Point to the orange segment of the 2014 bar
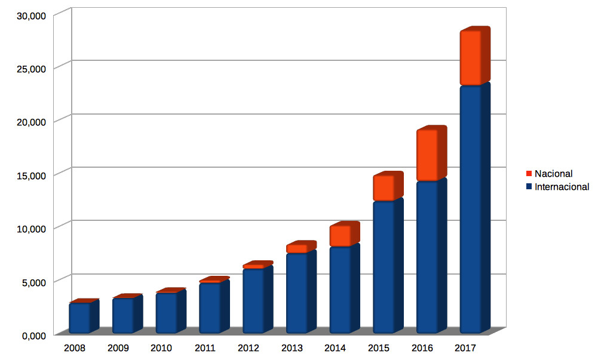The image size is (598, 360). pyautogui.click(x=340, y=236)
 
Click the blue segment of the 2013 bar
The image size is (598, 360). pyautogui.click(x=296, y=293)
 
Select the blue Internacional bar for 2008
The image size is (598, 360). pyautogui.click(x=79, y=318)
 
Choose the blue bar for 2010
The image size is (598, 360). pyautogui.click(x=166, y=312)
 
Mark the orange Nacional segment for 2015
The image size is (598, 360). pyautogui.click(x=384, y=188)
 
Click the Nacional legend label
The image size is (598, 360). pyautogui.click(x=553, y=174)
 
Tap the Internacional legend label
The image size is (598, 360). pyautogui.click(x=562, y=187)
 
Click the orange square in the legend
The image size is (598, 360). pyautogui.click(x=529, y=174)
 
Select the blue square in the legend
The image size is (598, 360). pyautogui.click(x=529, y=187)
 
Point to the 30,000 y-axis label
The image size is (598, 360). pyautogui.click(x=29, y=16)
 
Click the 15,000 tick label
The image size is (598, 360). pyautogui.click(x=29, y=176)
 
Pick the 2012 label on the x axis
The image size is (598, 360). pyautogui.click(x=248, y=348)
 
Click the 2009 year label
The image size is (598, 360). pyautogui.click(x=118, y=348)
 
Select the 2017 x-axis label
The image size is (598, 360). pyautogui.click(x=465, y=348)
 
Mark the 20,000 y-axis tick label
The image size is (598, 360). pyautogui.click(x=29, y=122)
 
